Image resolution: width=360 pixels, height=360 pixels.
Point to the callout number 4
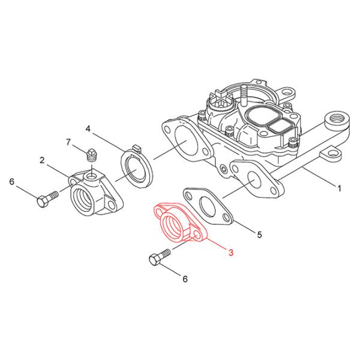click(88, 129)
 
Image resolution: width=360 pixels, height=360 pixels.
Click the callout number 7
click(68, 142)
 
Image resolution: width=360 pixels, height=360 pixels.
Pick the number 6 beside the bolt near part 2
click(11, 181)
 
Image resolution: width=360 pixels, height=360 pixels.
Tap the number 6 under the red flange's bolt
click(185, 278)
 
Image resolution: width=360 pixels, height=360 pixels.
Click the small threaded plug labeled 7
click(92, 155)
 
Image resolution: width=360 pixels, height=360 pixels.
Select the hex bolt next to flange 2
click(46, 200)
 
